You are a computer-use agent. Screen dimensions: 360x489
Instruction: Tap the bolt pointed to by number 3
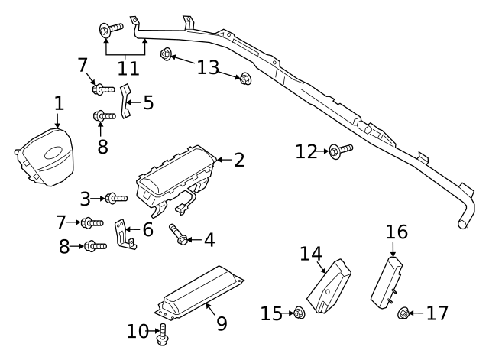point(115,199)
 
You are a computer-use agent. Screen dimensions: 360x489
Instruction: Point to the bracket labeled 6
point(124,233)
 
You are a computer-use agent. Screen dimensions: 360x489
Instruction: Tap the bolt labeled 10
point(162,334)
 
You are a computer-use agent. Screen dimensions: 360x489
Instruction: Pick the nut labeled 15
point(299,313)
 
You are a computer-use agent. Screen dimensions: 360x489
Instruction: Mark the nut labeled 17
point(404,313)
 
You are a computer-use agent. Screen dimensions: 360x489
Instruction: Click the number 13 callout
point(208,67)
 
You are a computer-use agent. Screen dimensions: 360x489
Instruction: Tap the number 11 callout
point(128,67)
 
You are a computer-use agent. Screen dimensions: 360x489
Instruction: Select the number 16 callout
point(397,232)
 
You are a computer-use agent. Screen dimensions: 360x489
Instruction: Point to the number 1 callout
point(59,102)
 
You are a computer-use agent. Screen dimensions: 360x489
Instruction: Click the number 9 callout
point(221,323)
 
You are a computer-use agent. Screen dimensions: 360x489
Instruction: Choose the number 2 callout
point(239,160)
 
